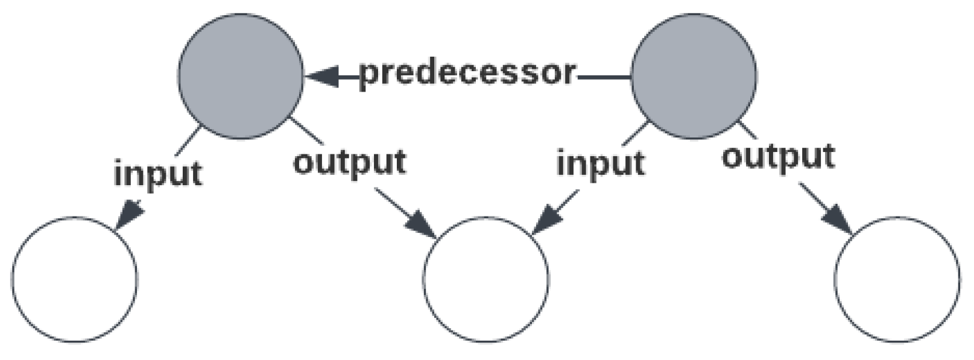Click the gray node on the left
coord(240,77)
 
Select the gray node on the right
coord(693,77)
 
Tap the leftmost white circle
coord(75,279)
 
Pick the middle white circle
coord(486,279)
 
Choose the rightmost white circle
coord(897,279)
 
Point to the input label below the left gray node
coord(158,174)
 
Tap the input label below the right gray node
coord(600,164)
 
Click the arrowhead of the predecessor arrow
coord(323,76)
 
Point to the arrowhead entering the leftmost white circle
coord(129,216)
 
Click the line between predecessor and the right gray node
coord(603,77)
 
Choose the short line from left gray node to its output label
coord(307,132)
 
